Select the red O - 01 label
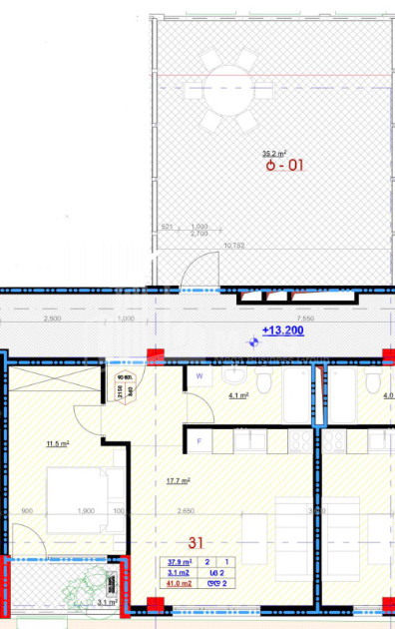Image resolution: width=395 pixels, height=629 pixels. pos(284,167)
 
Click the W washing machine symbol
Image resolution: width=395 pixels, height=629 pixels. pos(199,376)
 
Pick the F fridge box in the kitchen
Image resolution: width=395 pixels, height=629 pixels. pos(199,440)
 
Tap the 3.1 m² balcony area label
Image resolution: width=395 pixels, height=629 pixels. pos(107,602)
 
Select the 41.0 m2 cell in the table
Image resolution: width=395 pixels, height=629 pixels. pos(180,584)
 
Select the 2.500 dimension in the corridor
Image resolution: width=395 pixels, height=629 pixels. pos(53,318)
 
